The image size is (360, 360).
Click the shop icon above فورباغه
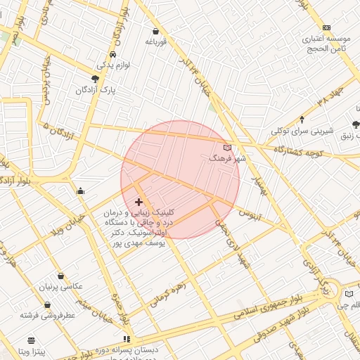click(156, 31)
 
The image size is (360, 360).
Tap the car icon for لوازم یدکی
click(113, 54)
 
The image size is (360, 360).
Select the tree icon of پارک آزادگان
click(96, 79)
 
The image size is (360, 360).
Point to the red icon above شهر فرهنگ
click(226, 148)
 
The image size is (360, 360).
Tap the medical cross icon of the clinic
click(139, 202)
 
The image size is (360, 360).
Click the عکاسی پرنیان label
click(63, 287)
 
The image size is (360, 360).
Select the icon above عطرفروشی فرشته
click(47, 305)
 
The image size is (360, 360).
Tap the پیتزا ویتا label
click(32, 349)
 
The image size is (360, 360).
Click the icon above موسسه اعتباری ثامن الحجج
click(326, 27)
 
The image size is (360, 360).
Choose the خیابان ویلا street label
click(70, 222)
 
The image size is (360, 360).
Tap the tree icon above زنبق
click(356, 124)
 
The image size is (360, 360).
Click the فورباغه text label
click(155, 42)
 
